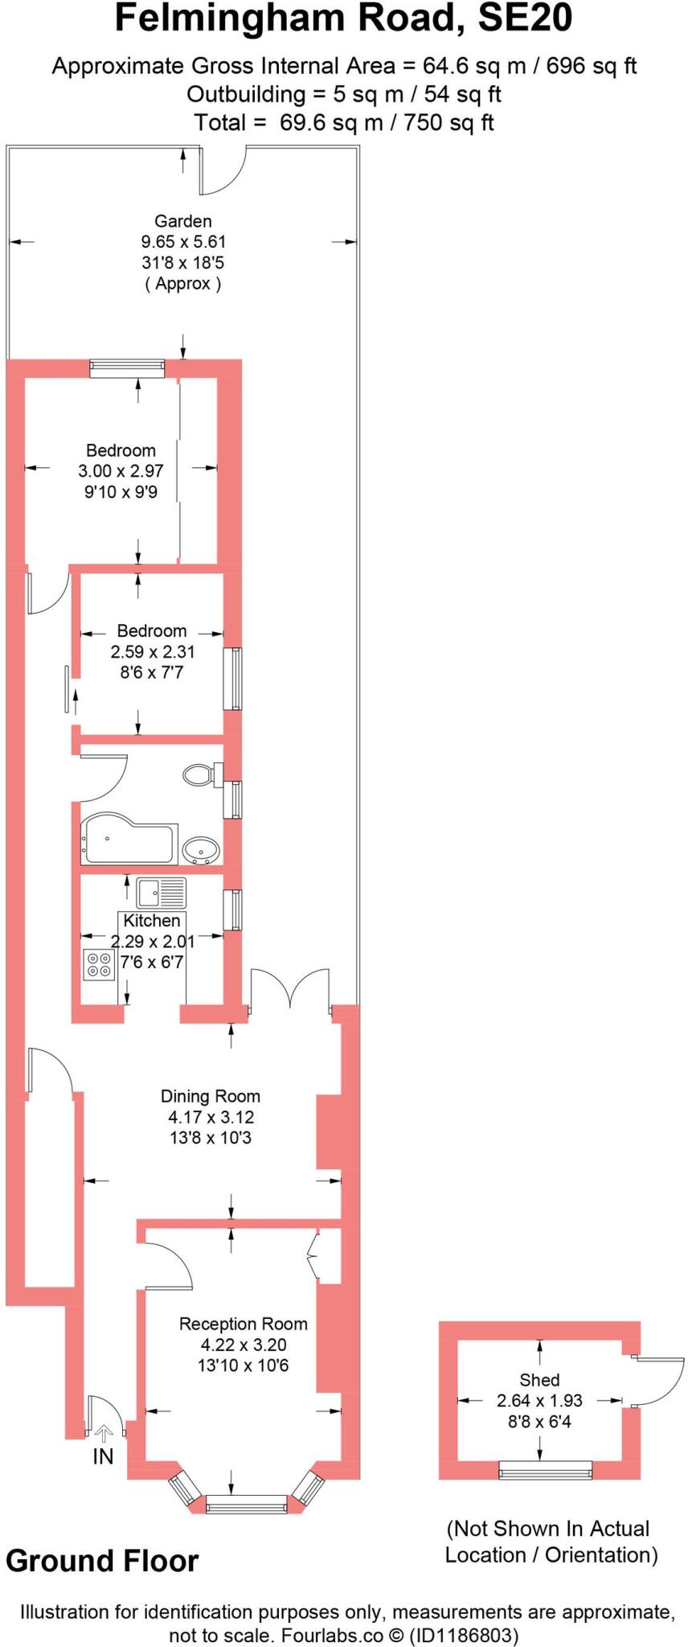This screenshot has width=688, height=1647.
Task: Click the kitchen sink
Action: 161,893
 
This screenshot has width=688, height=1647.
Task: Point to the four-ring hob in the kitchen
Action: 99,965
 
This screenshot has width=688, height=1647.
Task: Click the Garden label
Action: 183,221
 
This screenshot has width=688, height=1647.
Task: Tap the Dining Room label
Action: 211,1096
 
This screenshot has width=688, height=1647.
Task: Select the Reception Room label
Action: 243,1324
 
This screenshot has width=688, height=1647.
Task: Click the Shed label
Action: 539,1380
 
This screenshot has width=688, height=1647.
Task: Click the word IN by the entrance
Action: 103,1456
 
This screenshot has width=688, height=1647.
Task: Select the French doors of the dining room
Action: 289,989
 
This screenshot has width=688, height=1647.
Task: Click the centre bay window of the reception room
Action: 247,1504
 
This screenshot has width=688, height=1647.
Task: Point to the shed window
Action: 546,1472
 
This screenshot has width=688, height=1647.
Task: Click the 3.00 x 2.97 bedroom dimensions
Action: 121,471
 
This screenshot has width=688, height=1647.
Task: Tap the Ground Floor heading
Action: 102,1561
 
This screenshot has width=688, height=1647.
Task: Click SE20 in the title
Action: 526,19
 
